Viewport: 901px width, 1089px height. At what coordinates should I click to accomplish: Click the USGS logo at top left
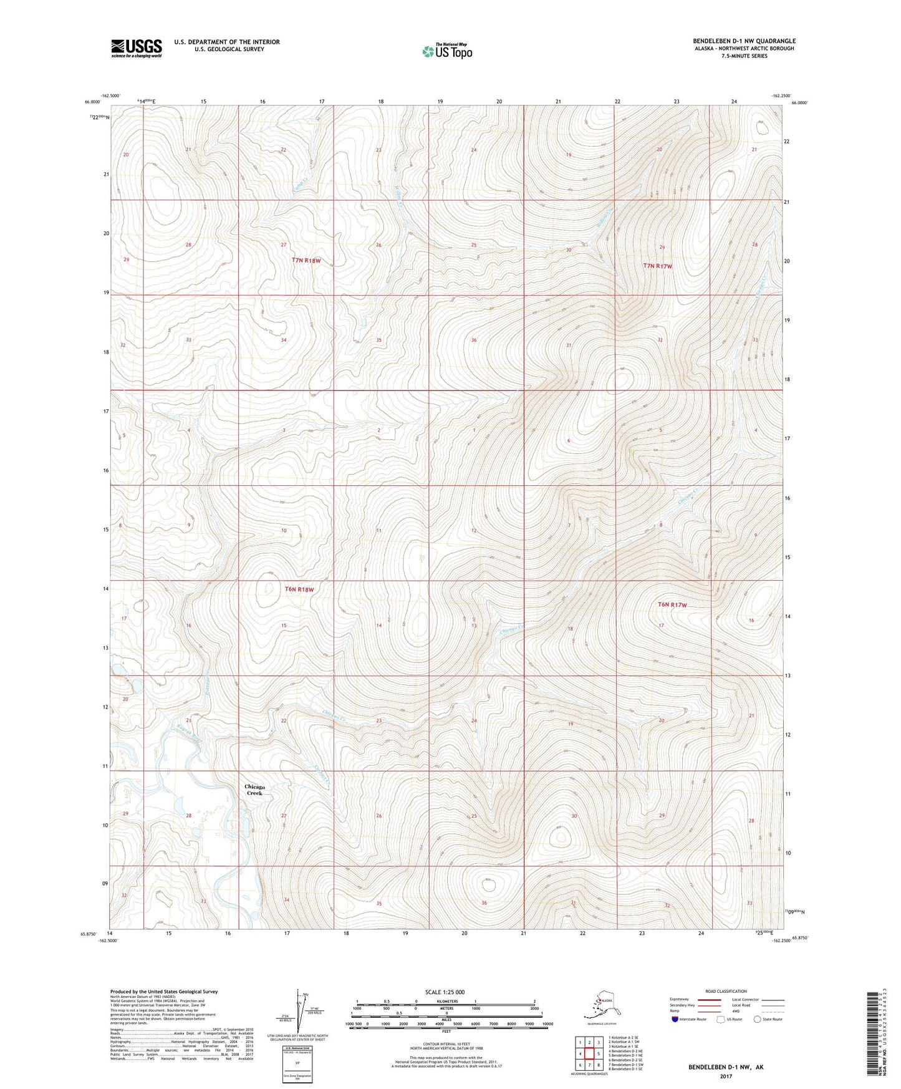tap(136, 47)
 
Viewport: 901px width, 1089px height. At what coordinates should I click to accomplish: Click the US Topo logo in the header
tap(447, 51)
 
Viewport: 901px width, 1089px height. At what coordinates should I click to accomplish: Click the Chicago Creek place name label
tap(254, 790)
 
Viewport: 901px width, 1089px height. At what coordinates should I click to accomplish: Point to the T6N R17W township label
tap(672, 604)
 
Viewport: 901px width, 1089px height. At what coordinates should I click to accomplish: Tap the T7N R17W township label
tap(658, 266)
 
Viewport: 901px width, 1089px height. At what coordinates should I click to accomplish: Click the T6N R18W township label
tap(299, 589)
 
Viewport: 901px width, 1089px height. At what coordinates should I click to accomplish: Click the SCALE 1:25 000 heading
tap(445, 992)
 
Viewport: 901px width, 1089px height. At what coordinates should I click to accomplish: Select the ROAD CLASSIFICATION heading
tap(726, 991)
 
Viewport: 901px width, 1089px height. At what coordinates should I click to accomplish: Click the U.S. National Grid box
tap(297, 1064)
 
